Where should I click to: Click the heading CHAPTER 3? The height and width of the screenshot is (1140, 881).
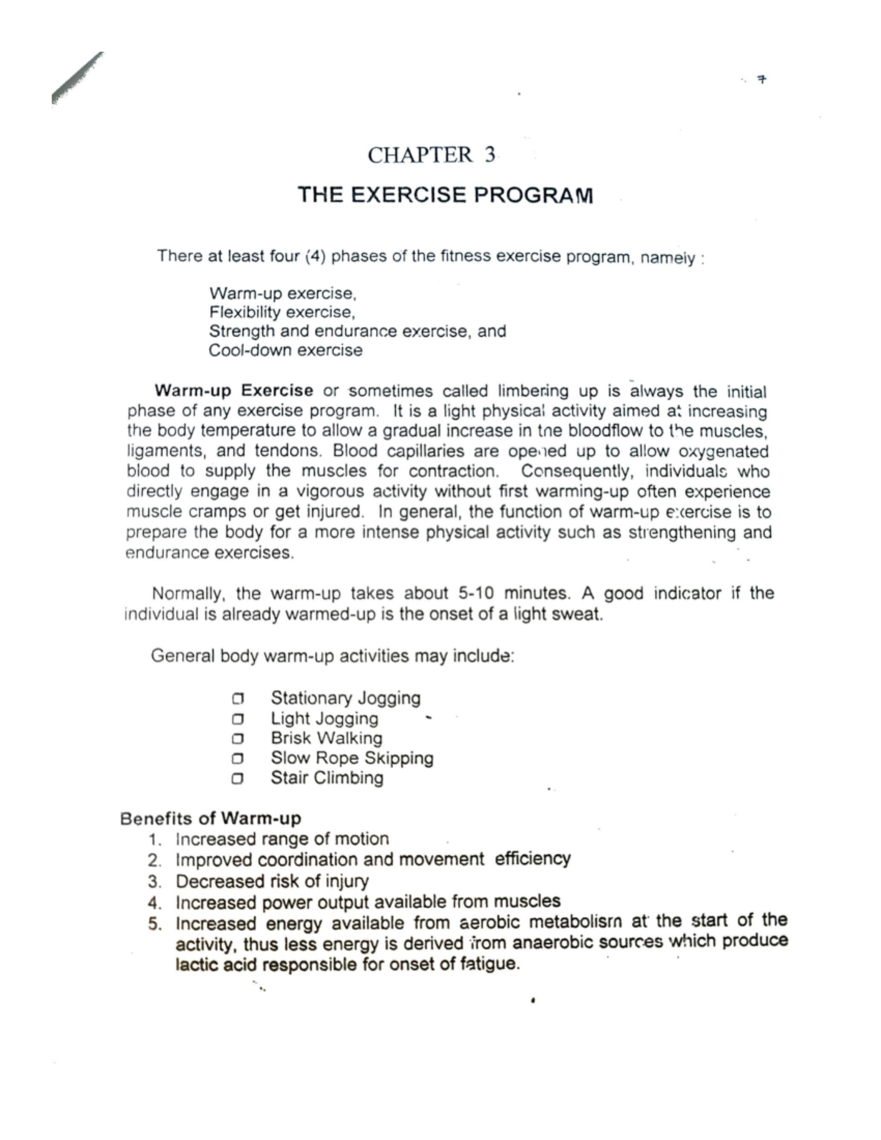(432, 155)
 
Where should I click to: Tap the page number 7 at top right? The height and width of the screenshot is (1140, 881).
(763, 79)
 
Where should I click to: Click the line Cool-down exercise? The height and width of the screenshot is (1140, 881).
(286, 350)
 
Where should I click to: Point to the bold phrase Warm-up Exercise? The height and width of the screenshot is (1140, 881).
(233, 391)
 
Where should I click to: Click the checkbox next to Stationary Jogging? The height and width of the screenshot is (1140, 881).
(236, 698)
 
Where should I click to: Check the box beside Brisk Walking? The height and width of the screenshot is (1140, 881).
(236, 738)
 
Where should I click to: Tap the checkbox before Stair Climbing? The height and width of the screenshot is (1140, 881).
(236, 779)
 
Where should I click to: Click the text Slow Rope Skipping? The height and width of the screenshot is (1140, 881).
(352, 758)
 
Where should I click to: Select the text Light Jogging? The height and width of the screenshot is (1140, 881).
(325, 719)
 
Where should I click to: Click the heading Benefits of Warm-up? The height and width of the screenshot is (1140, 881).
(211, 818)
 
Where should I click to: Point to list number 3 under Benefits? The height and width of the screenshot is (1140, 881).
(153, 881)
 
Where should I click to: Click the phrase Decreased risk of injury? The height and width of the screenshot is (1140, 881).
(272, 881)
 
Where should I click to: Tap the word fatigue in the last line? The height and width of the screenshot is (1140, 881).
(489, 964)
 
